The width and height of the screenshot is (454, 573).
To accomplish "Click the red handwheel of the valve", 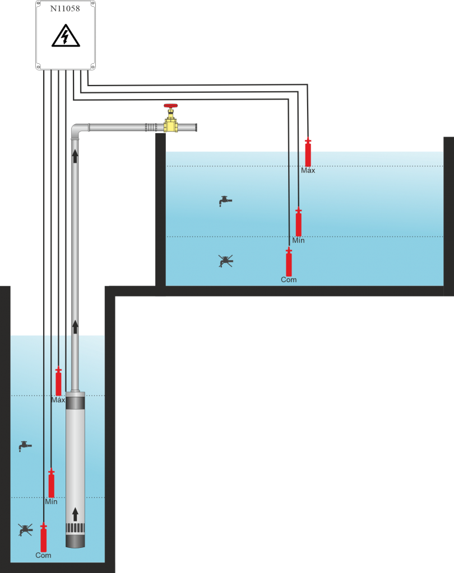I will tap(170, 106).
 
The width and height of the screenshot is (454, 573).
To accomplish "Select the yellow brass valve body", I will tap(170, 125).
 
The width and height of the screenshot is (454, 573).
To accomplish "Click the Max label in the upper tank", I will tap(308, 171).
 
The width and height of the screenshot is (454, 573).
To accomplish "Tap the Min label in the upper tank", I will tap(298, 240).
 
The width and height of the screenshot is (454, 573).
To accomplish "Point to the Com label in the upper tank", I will tap(289, 279).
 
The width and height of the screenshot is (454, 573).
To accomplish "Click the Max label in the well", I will tap(58, 400).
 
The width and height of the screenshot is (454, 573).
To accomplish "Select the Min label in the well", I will tap(51, 502).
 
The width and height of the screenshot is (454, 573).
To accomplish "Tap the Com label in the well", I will tap(43, 555).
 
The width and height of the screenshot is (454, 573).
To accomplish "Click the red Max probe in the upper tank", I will tap(308, 153).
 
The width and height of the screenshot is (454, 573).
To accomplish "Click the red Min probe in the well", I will tap(51, 483).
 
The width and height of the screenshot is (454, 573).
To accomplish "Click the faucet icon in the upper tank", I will tap(225, 200).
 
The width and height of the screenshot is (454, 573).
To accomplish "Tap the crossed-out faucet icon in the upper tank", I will tap(225, 261).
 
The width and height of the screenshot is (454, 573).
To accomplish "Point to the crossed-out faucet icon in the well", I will tap(25, 529).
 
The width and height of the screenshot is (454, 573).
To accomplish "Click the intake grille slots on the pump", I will tap(75, 528).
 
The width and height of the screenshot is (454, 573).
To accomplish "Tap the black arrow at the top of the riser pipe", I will tap(75, 156).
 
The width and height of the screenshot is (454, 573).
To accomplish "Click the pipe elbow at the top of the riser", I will tap(78, 130).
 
